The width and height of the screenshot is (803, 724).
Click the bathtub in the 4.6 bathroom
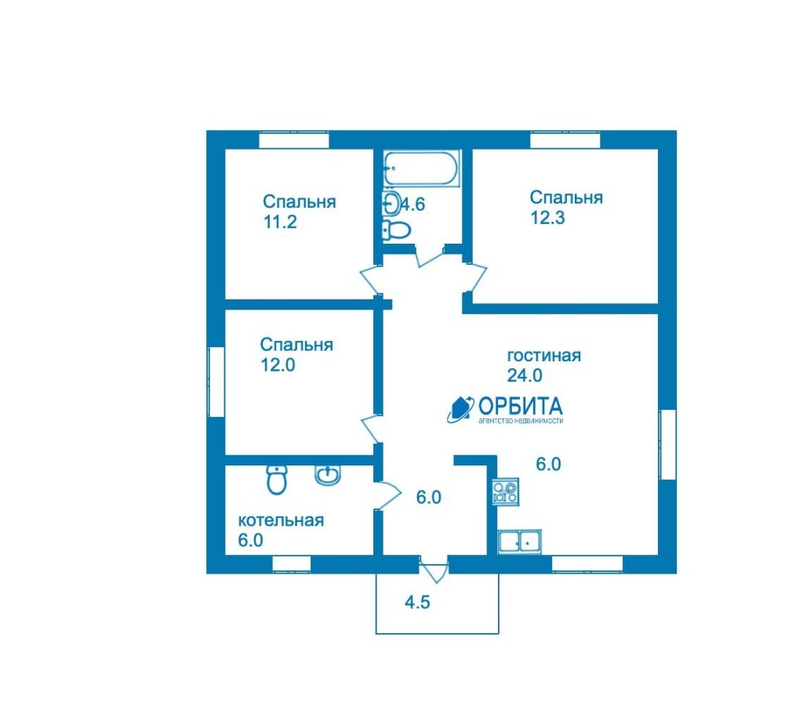(x=422, y=168)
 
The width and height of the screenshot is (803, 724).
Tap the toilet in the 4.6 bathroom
(x=396, y=230)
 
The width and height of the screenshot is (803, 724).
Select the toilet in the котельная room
(x=277, y=480)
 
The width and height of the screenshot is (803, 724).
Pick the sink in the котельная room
(x=327, y=475)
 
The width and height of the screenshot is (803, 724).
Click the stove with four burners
(x=505, y=491)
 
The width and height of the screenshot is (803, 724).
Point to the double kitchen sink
(x=519, y=541)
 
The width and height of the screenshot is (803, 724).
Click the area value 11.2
(x=280, y=222)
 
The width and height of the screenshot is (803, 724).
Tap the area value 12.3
(x=547, y=218)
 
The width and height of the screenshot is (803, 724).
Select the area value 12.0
(x=278, y=365)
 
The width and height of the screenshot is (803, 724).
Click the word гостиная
(x=544, y=355)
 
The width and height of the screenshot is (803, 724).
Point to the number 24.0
(x=525, y=375)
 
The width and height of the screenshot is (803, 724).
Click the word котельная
(x=282, y=520)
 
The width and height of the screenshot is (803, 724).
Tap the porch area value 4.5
(x=417, y=603)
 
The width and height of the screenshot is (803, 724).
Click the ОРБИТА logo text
(x=521, y=406)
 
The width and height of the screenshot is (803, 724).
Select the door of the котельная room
(x=387, y=495)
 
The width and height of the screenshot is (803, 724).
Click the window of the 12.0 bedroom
(x=216, y=382)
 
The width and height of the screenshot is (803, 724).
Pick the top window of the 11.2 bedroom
(x=293, y=139)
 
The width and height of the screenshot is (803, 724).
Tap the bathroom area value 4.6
(x=412, y=205)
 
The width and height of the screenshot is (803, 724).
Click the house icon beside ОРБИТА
(x=460, y=409)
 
